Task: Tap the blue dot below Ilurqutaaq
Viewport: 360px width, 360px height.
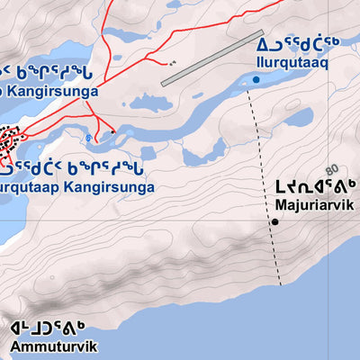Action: pos(256,80)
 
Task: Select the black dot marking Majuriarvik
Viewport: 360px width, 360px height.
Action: pos(274,220)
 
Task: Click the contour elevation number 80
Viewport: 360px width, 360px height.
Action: pos(331,168)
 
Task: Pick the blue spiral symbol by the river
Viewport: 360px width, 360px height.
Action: pos(87,139)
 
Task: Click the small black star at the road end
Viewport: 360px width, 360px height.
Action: pos(113,131)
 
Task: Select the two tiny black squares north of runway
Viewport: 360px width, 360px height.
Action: pos(171,65)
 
